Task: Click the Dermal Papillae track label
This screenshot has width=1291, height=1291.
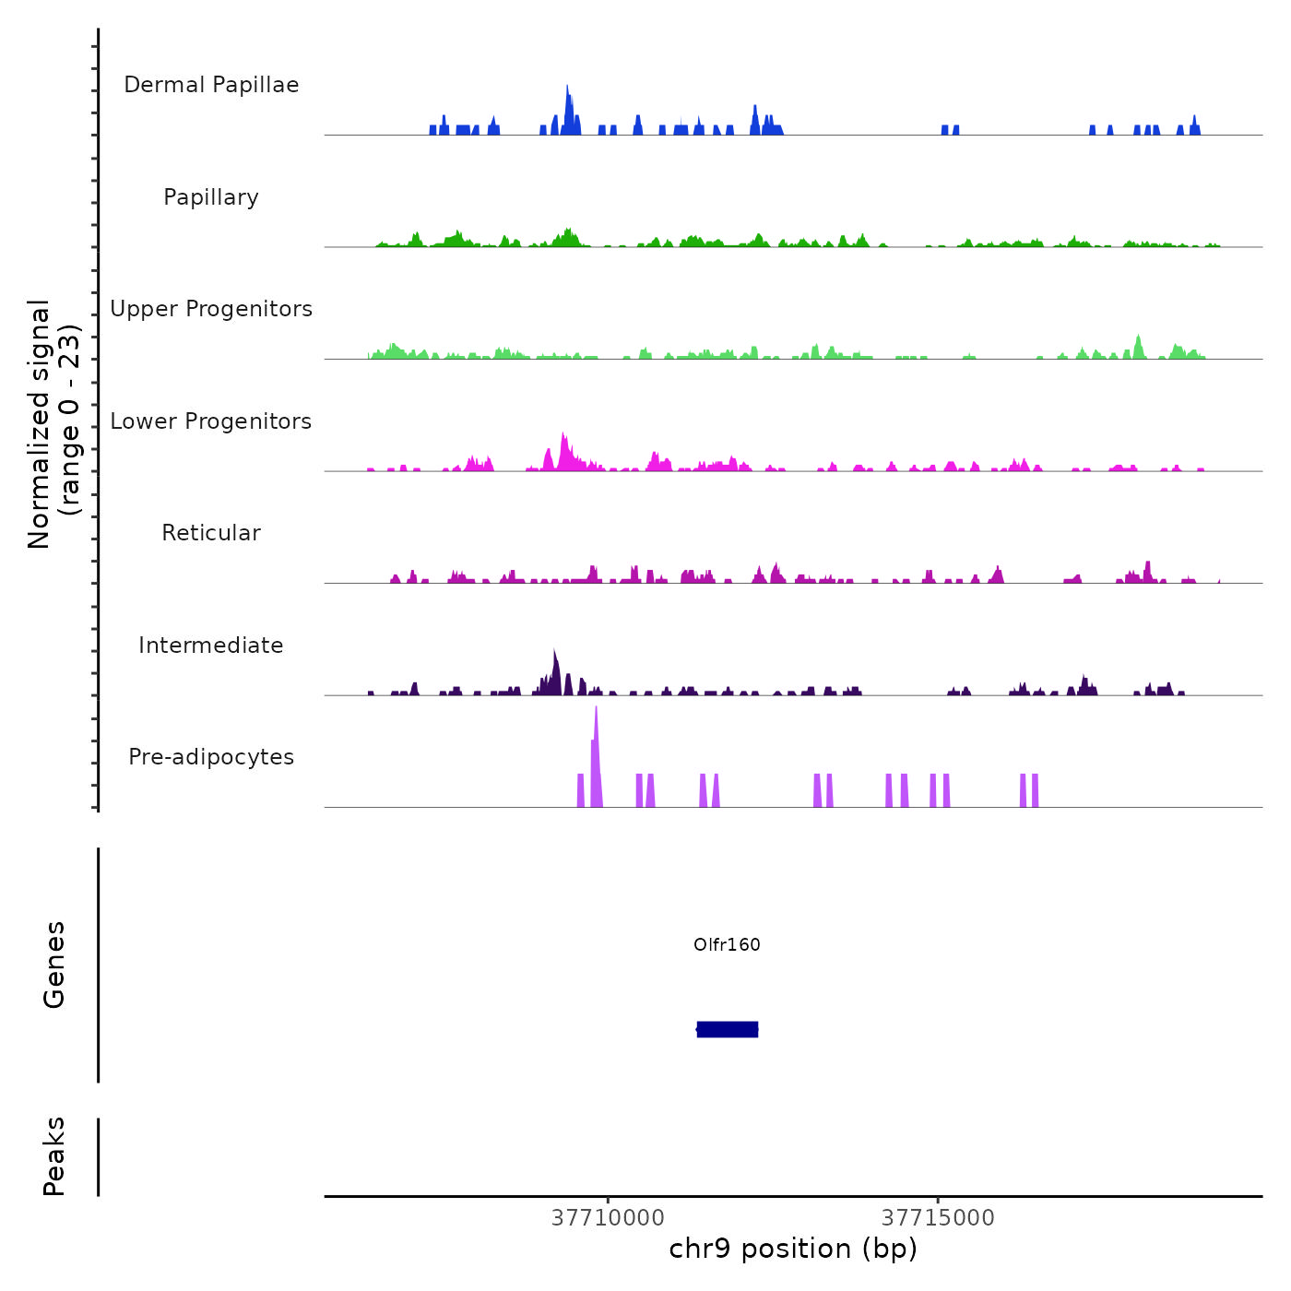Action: coord(211,85)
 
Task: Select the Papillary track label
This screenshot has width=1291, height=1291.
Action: coord(211,197)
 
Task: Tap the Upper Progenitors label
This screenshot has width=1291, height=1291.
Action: coord(211,309)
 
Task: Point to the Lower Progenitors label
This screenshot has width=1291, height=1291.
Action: coord(211,421)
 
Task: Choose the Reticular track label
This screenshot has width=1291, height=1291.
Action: coord(211,533)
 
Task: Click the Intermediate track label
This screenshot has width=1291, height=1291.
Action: coord(211,645)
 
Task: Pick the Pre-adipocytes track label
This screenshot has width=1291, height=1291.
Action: coord(211,757)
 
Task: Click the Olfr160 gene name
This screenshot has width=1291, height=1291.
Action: coord(727,944)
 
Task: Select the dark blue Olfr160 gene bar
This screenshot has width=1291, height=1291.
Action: coord(728,1029)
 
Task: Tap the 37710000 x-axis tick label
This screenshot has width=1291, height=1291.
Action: coord(608,1218)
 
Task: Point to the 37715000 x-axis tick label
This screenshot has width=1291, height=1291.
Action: coord(938,1218)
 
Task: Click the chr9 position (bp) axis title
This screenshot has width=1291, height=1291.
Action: coord(793,1249)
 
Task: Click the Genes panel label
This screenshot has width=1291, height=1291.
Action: coord(54,965)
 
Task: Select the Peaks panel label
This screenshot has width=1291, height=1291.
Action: coord(54,1156)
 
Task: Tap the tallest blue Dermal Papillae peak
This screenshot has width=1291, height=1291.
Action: coord(567,101)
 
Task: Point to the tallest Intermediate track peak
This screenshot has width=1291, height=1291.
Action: coord(554,664)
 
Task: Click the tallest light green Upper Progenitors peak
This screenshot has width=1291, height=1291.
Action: coord(1138,343)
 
